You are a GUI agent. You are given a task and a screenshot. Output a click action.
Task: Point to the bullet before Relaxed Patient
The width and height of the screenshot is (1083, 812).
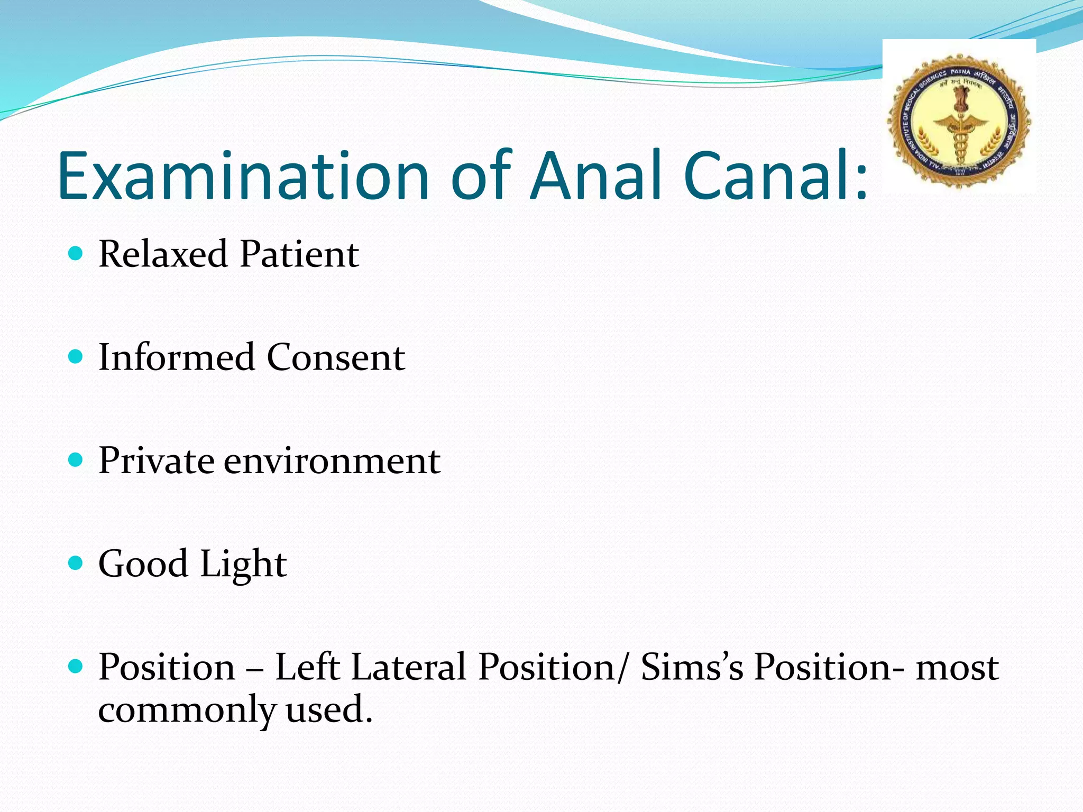click(76, 254)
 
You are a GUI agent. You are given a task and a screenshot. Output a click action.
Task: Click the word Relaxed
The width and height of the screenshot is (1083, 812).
click(163, 254)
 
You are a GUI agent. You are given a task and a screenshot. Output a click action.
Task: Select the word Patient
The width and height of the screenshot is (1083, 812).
click(299, 254)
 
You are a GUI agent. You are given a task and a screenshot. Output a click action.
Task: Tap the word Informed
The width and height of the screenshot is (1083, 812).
click(177, 357)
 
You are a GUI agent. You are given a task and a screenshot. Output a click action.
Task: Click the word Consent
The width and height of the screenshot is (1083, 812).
click(336, 357)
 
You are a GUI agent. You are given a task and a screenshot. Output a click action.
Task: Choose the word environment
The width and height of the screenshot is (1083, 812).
click(332, 460)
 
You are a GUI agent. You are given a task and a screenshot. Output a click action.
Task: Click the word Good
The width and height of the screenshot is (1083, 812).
click(143, 564)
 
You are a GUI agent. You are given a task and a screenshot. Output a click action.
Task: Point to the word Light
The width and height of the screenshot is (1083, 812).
click(243, 565)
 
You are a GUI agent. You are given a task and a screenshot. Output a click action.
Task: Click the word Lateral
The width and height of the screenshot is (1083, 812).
click(409, 667)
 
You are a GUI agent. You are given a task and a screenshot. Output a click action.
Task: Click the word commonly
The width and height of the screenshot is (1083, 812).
click(187, 710)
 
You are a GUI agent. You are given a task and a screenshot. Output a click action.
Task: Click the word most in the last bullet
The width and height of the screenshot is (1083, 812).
click(958, 668)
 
